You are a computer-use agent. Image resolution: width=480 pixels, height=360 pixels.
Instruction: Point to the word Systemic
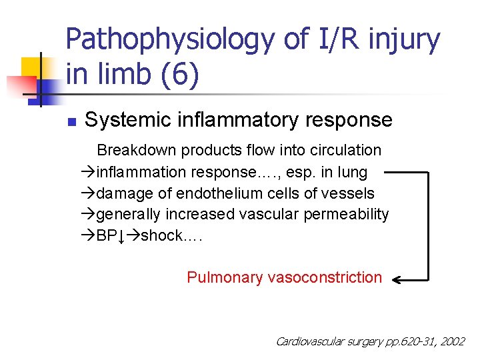123,120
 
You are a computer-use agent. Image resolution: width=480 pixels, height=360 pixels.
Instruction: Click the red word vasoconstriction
325,277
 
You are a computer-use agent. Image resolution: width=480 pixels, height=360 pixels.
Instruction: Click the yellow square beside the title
31,67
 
